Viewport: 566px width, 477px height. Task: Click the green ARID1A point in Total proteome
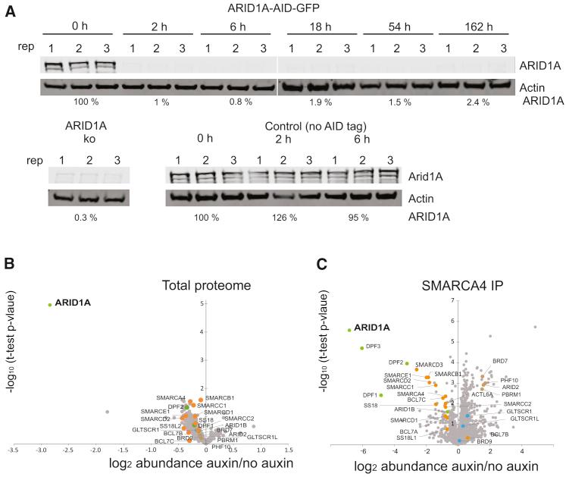tap(49, 305)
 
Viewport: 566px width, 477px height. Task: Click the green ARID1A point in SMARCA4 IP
tap(349, 330)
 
